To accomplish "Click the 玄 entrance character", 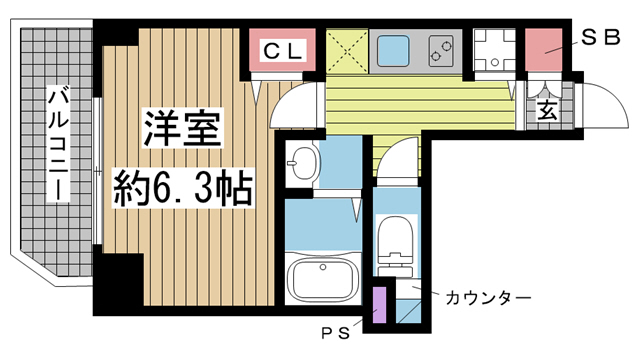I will pos(547,111).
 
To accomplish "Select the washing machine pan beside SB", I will pos(494,49).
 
